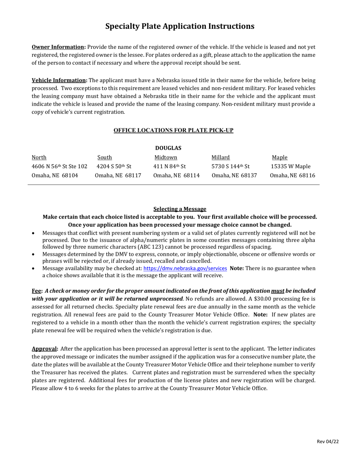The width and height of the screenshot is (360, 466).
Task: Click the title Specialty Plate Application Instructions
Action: pos(180,26)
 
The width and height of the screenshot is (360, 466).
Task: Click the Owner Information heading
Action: pos(58,47)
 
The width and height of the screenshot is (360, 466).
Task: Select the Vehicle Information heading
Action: pos(59,80)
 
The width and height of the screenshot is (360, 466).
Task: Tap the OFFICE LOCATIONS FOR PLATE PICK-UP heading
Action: pos(174,130)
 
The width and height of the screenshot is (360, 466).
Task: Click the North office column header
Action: pos(39,158)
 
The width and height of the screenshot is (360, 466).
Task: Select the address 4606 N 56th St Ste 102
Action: pos(59,166)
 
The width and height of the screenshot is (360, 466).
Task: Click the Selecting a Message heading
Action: pos(180,209)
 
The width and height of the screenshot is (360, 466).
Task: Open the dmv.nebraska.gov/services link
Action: pos(185,268)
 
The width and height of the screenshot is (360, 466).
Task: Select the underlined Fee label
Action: pos(37,291)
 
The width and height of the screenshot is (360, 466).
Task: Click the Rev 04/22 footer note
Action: pos(327,442)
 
